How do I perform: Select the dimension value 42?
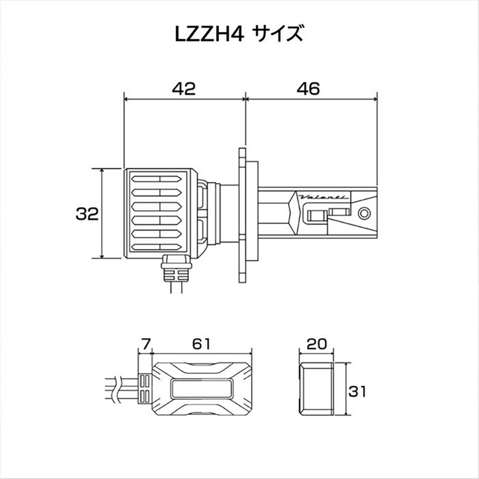tap(183, 89)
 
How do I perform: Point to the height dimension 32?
tap(87, 213)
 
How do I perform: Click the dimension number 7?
tap(146, 344)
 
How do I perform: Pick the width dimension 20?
tap(316, 344)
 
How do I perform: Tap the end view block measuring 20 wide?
tap(316, 388)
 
